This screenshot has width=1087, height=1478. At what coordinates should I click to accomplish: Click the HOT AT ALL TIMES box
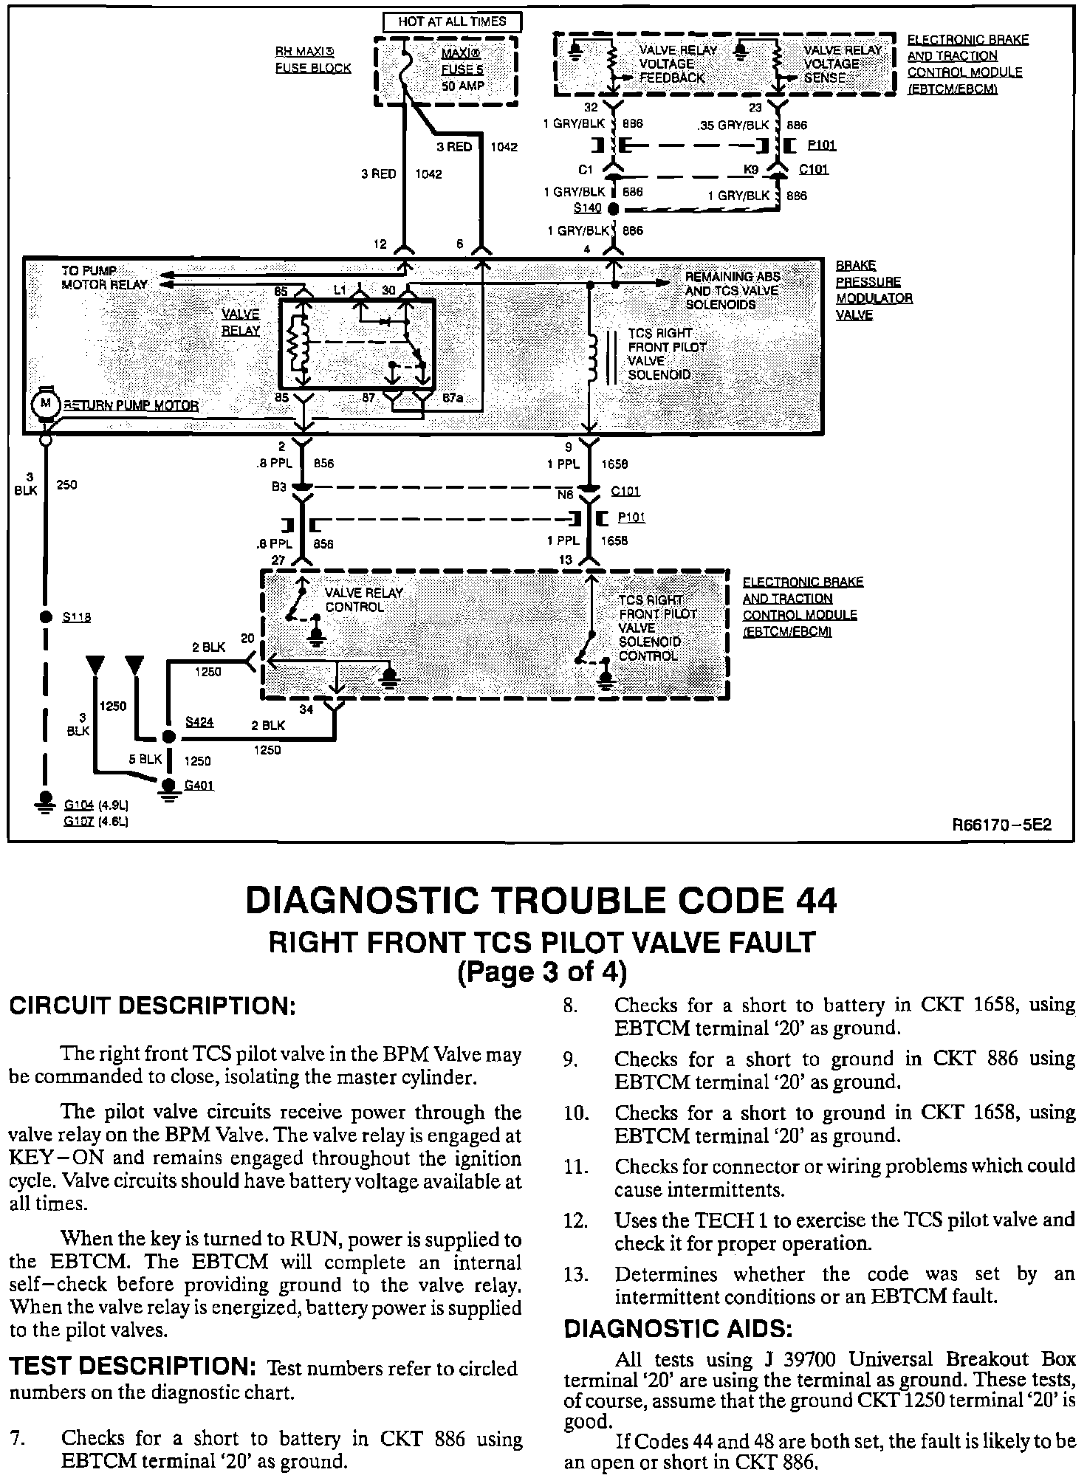[452, 22]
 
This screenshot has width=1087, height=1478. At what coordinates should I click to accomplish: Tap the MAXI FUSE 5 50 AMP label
[462, 69]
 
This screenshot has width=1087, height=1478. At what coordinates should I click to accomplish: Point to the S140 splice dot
[613, 208]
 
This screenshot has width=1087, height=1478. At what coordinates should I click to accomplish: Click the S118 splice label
[77, 617]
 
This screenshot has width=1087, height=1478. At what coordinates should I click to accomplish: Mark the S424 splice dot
[169, 737]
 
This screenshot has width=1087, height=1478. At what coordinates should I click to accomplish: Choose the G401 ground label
[199, 786]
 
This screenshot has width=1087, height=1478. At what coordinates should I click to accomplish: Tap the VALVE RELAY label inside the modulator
[241, 322]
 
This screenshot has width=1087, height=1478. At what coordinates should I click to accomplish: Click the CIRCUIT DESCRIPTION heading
[152, 1006]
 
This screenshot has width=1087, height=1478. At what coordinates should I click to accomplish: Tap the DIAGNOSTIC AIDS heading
[678, 1329]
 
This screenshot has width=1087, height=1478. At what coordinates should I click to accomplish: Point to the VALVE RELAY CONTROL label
[364, 599]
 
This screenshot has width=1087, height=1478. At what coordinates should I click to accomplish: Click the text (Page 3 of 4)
[543, 972]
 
